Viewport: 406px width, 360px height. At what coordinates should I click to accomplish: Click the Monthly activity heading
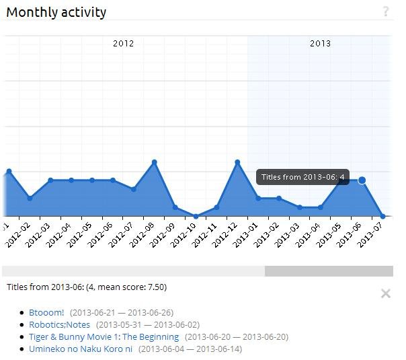[x=56, y=12]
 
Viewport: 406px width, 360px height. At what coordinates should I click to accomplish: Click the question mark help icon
[x=386, y=11]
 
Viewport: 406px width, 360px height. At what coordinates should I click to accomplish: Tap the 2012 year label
[x=123, y=43]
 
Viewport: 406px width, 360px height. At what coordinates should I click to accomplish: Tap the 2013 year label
[x=320, y=43]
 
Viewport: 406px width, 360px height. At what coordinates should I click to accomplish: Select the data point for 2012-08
[x=154, y=162]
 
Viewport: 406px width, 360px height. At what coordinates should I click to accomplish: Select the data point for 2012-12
[x=237, y=162]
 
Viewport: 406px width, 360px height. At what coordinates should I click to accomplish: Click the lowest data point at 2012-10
[x=196, y=216]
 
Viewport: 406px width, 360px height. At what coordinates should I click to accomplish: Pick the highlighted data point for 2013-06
[x=362, y=180]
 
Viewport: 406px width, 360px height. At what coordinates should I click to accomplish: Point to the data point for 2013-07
[x=382, y=216]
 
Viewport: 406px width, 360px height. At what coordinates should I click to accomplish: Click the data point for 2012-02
[x=30, y=199]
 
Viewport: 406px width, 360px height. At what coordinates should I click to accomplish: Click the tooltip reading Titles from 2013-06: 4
[x=302, y=177]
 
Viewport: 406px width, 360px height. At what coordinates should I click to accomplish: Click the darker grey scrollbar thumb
[x=328, y=271]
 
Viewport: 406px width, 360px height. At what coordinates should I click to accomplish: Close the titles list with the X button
[x=385, y=293]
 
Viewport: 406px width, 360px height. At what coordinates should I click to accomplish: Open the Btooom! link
[x=46, y=312]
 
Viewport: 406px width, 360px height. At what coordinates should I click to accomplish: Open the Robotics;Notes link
[x=59, y=324]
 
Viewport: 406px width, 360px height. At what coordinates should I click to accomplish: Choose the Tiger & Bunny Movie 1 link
[x=104, y=336]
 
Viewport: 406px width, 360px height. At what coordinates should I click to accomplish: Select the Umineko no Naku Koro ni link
[x=81, y=349]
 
